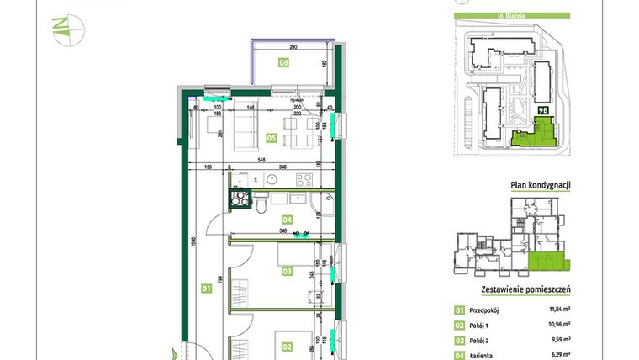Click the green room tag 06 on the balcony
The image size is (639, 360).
click(284, 62)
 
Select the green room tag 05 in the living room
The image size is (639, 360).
click(272, 137)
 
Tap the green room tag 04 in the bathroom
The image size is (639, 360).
click(287, 220)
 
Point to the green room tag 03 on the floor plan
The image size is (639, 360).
click(287, 271)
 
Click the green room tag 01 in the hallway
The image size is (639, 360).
click(204, 289)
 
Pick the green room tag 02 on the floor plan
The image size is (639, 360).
click(287, 346)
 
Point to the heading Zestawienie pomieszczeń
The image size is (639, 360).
click(525, 289)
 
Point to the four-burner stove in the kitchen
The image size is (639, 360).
click(303, 179)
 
